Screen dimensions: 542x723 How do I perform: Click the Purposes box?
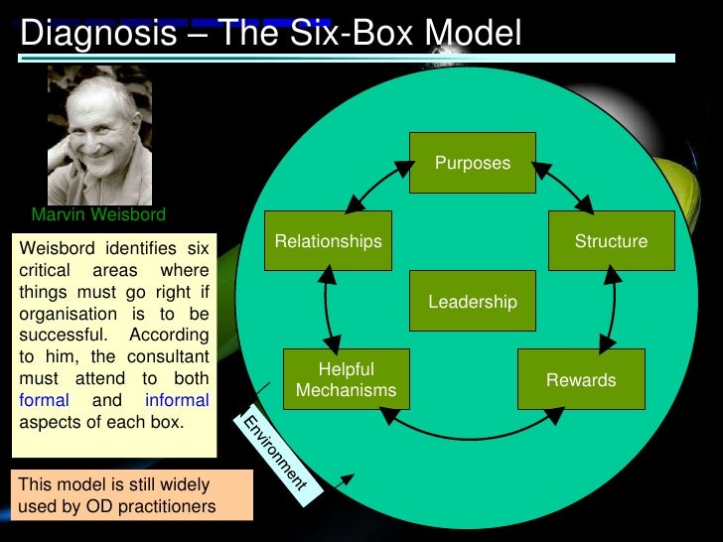[473, 162]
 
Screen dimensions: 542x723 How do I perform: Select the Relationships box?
[328, 240]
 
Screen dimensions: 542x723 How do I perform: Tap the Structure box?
[611, 240]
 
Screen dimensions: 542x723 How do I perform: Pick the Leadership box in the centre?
[473, 301]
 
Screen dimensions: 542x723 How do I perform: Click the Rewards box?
[581, 380]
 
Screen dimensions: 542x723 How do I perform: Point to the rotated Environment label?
[270, 451]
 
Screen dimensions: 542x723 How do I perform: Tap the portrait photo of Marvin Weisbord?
[99, 135]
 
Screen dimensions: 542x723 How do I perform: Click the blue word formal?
[45, 401]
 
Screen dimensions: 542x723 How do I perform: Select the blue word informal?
[177, 401]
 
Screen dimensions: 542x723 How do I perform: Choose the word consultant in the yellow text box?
[159, 356]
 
